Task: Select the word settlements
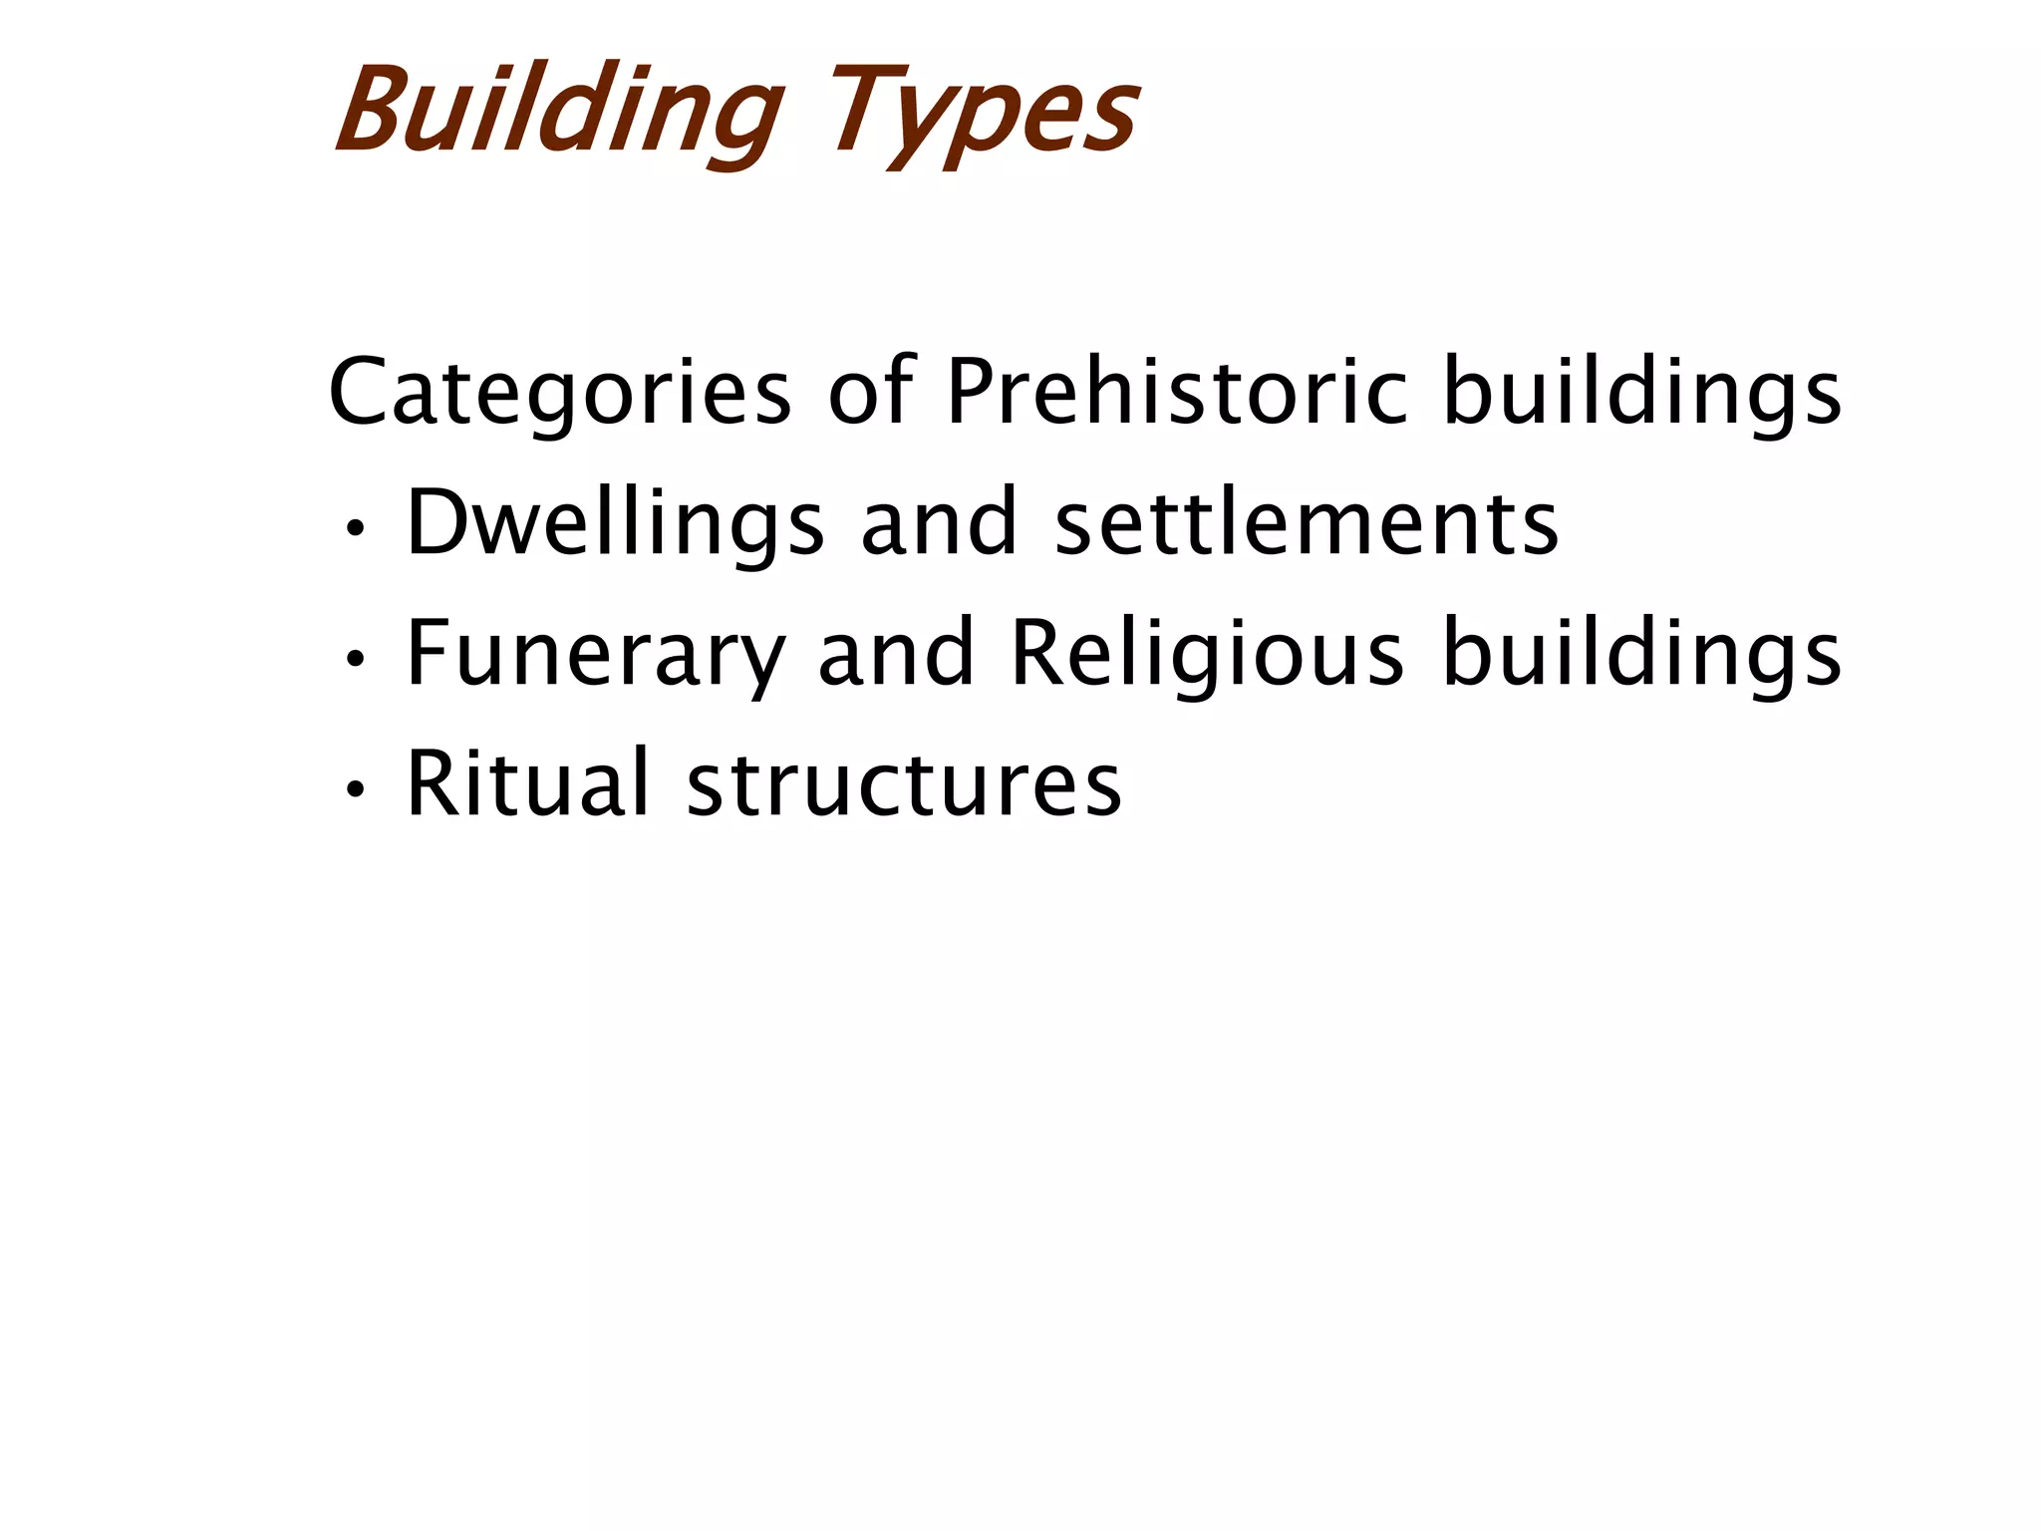[x=1307, y=522]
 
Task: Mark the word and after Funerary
[x=896, y=652]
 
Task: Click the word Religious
[x=1207, y=654]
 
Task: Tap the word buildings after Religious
[x=1642, y=654]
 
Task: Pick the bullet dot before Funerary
[x=354, y=659]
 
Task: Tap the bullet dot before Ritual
[x=354, y=789]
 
